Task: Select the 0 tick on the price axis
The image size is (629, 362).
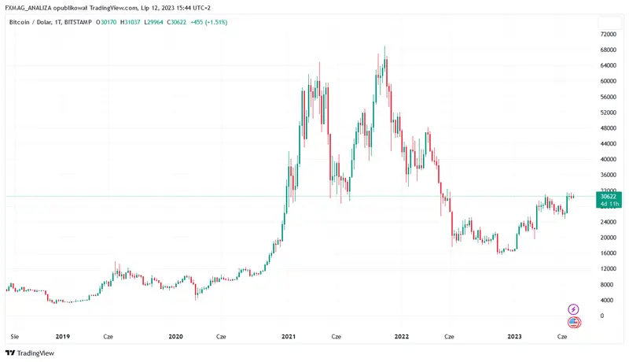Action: click(x=602, y=316)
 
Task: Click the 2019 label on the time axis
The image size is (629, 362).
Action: click(x=63, y=336)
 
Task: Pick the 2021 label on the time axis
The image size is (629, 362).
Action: click(x=289, y=336)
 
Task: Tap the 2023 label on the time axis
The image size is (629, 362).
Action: click(x=514, y=336)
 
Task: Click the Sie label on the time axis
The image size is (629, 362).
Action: click(x=13, y=336)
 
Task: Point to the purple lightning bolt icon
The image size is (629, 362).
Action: click(x=574, y=309)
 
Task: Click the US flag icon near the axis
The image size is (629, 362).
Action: click(x=574, y=322)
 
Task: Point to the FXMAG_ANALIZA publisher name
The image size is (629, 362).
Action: click(x=31, y=7)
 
